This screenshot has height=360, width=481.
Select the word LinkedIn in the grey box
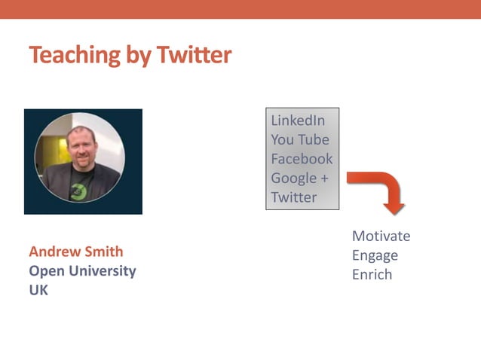(x=298, y=121)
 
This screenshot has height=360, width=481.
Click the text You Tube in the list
(x=300, y=139)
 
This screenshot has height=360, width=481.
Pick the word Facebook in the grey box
(x=302, y=159)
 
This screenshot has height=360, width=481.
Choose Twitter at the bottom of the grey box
(x=294, y=197)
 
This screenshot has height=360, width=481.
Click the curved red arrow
(x=380, y=189)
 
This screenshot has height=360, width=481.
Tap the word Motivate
(x=381, y=236)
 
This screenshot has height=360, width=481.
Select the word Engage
(x=375, y=255)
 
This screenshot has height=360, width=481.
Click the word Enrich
(x=372, y=274)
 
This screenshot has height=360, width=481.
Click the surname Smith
(x=106, y=252)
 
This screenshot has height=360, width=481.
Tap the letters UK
(x=38, y=289)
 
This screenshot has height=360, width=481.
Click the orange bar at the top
(x=240, y=9)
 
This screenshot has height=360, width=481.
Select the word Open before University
(x=44, y=270)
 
